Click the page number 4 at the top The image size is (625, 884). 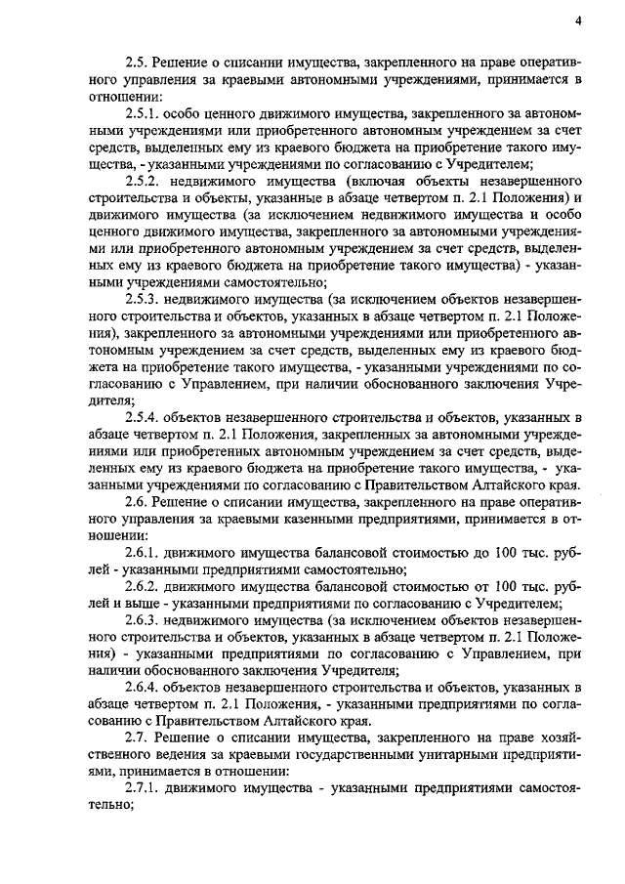pyautogui.click(x=577, y=21)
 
